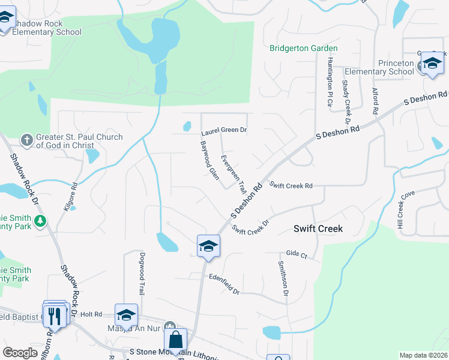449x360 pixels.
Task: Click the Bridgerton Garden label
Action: (303, 48)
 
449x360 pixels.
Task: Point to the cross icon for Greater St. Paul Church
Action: (27, 140)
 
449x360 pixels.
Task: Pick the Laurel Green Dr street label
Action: (224, 130)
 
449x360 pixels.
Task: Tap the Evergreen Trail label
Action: (234, 174)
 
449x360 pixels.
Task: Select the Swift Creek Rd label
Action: (291, 185)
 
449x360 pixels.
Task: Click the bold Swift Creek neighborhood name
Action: (318, 229)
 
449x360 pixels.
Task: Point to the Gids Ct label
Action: (297, 255)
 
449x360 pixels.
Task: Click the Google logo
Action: (20, 353)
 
